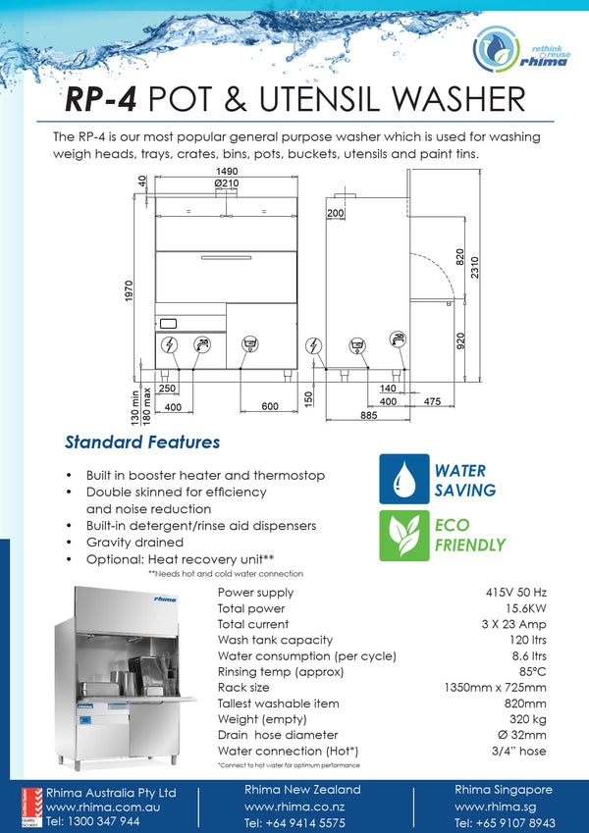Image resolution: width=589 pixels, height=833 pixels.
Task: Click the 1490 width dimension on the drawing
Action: pos(226,171)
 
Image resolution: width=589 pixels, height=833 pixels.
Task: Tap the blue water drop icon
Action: pos(403,479)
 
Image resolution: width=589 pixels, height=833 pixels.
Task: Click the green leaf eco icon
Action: pos(403,534)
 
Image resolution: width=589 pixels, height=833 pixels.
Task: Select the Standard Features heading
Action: pos(142,443)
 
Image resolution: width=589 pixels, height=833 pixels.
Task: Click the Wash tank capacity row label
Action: pos(275,640)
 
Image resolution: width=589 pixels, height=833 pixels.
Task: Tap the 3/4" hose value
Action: pos(520,751)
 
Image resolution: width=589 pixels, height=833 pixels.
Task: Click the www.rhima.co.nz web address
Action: pos(294,807)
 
